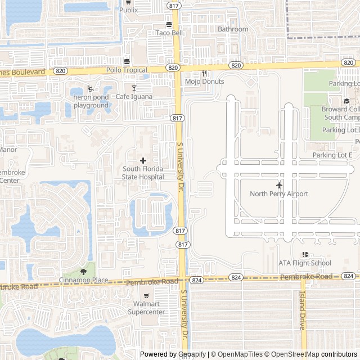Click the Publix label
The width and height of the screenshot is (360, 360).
click(128, 10)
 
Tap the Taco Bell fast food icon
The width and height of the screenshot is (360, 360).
click(169, 24)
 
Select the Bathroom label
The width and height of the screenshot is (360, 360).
click(233, 29)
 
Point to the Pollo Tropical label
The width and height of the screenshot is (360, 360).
click(127, 70)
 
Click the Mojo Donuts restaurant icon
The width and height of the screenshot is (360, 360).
click(205, 73)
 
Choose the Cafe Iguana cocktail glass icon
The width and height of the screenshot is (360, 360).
click(134, 88)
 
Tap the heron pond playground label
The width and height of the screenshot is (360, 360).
click(91, 101)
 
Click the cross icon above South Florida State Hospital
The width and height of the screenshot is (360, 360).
click(143, 160)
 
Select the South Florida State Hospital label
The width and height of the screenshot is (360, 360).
click(143, 173)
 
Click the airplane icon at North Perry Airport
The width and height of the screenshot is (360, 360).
click(279, 185)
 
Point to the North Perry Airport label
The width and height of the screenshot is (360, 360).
click(279, 194)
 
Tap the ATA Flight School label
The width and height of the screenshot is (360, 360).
click(305, 263)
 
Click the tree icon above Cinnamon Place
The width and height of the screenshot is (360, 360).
click(84, 272)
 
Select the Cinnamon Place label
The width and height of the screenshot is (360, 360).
click(84, 280)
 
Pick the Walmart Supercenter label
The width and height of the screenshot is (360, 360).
click(146, 308)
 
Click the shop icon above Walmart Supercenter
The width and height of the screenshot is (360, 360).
click(146, 296)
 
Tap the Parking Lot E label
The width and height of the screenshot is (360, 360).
click(332, 155)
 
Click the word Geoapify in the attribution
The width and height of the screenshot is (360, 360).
click(192, 354)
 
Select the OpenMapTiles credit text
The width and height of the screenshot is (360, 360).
click(238, 354)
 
